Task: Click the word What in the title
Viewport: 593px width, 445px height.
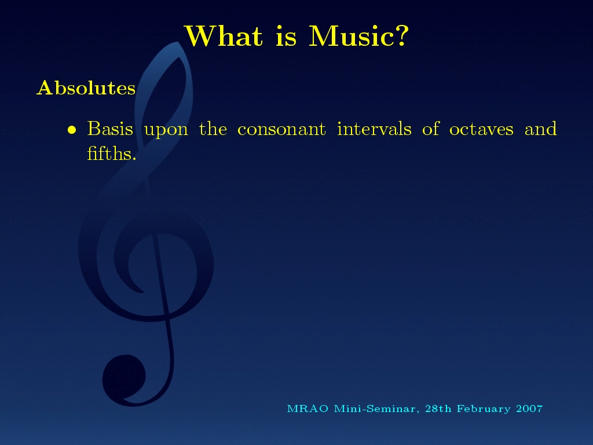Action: click(224, 36)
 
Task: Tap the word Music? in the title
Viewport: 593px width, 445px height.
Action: click(359, 36)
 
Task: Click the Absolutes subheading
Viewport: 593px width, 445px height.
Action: click(86, 88)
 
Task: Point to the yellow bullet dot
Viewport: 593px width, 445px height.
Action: click(71, 130)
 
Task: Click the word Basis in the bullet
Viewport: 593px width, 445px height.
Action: click(110, 129)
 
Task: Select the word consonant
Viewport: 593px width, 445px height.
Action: click(281, 129)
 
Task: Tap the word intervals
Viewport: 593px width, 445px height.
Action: click(374, 129)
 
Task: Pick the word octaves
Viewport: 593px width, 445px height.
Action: click(481, 129)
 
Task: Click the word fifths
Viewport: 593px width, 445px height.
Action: click(112, 153)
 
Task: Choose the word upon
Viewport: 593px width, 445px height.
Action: click(166, 131)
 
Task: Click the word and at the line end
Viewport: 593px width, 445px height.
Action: click(540, 129)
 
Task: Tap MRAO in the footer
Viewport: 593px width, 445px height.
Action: click(308, 408)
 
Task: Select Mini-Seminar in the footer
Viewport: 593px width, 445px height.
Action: click(376, 409)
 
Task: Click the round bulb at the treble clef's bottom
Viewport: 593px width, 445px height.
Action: click(124, 377)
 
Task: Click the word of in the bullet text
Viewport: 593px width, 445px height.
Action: click(430, 129)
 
